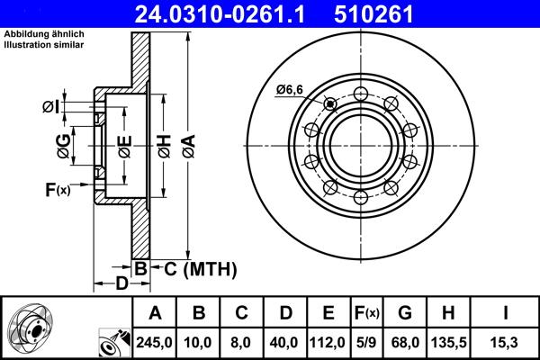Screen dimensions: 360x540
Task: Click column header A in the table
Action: [x=155, y=313]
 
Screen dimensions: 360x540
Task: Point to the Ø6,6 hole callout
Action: [x=291, y=88]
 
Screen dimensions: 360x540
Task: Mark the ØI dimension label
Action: [x=51, y=107]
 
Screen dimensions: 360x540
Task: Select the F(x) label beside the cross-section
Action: [x=57, y=189]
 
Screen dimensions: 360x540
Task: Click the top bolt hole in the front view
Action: [x=360, y=93]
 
